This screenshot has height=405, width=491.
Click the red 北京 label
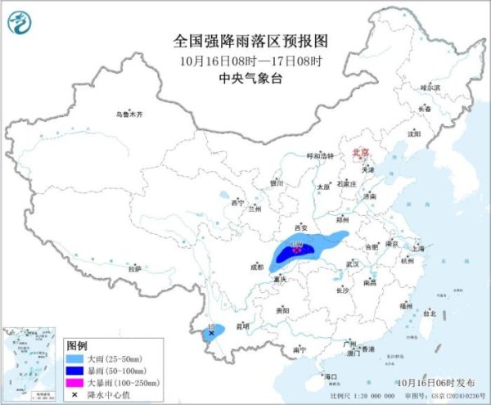(360, 153)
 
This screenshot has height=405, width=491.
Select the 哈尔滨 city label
(430, 87)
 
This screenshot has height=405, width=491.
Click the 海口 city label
(331, 376)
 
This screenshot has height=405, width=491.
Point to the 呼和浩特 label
(321, 155)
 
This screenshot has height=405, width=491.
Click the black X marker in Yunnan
(211, 333)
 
